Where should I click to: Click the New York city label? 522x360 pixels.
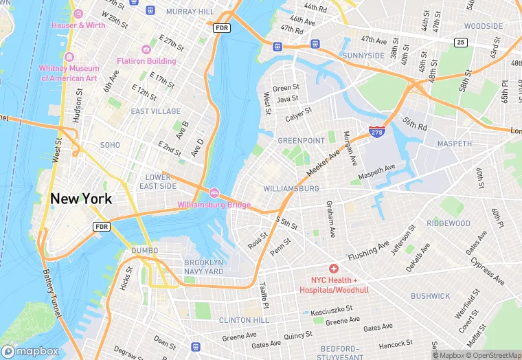pos(80,199)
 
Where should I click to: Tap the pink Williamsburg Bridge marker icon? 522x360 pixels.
pos(214,193)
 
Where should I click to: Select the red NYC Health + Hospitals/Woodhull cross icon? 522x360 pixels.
pos(334,269)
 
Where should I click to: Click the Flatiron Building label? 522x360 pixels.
pos(146,60)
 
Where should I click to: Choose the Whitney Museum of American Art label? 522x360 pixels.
pos(69,73)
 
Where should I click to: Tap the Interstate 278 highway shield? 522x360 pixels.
pos(376,131)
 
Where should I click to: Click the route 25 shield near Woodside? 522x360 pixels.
pos(459,43)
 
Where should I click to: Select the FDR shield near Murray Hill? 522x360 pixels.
pos(221,27)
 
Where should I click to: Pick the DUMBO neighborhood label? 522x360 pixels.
pos(144,250)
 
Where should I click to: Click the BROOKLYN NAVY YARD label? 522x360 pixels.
pos(204,267)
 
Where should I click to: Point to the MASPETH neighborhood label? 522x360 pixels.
pos(455,144)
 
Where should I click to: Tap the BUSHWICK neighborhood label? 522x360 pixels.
pos(430,296)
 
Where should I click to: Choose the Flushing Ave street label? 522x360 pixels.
pos(368,251)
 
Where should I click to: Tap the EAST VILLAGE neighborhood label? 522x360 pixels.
pos(156,111)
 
